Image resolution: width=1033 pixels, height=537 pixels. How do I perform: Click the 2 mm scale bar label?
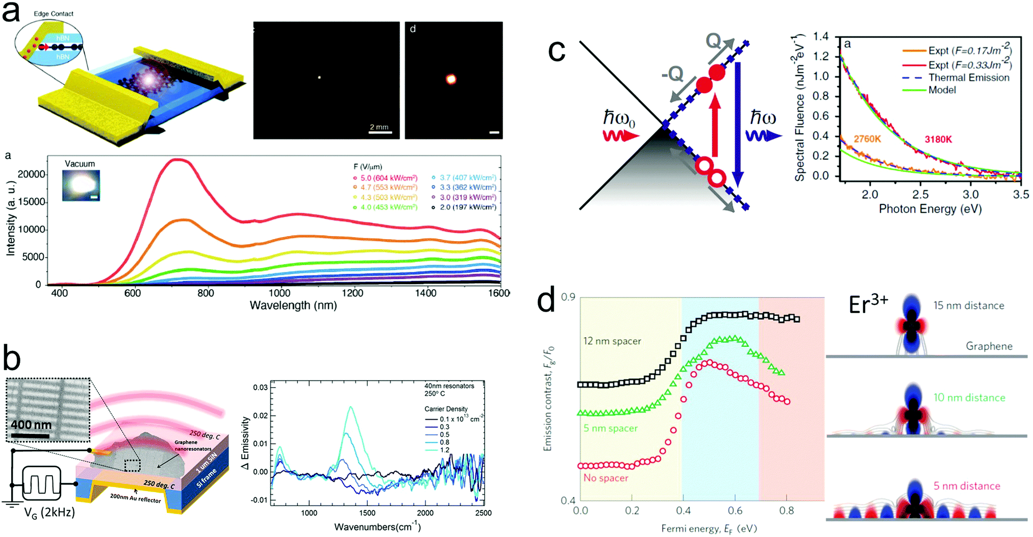click(379, 127)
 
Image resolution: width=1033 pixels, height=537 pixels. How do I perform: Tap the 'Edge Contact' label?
click(54, 14)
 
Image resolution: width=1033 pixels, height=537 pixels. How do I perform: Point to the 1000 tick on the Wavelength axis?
click(279, 293)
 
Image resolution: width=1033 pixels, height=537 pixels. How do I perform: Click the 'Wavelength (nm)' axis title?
click(293, 305)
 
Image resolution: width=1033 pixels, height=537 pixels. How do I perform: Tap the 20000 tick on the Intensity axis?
click(31, 174)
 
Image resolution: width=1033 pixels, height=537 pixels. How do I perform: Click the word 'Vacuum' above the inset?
click(80, 164)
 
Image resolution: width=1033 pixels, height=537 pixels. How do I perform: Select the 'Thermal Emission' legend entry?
click(968, 78)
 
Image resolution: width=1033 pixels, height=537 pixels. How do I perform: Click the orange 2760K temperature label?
click(867, 139)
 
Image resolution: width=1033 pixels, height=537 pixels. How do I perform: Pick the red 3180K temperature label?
click(938, 139)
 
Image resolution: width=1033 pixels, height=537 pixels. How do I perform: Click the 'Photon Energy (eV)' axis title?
click(930, 209)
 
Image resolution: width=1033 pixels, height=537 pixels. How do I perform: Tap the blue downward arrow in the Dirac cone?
click(738, 122)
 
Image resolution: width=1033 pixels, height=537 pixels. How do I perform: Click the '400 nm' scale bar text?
click(32, 424)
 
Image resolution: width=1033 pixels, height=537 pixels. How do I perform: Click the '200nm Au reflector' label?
click(135, 498)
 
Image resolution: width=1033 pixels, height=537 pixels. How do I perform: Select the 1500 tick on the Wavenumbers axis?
click(367, 513)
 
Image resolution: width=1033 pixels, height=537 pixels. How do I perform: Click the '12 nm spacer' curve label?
click(612, 341)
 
